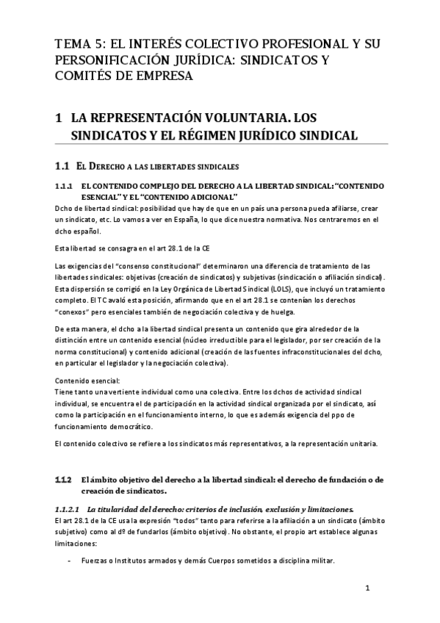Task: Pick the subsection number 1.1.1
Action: coord(64,187)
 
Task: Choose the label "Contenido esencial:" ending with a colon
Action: coord(87,381)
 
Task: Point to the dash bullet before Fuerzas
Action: coord(68,561)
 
